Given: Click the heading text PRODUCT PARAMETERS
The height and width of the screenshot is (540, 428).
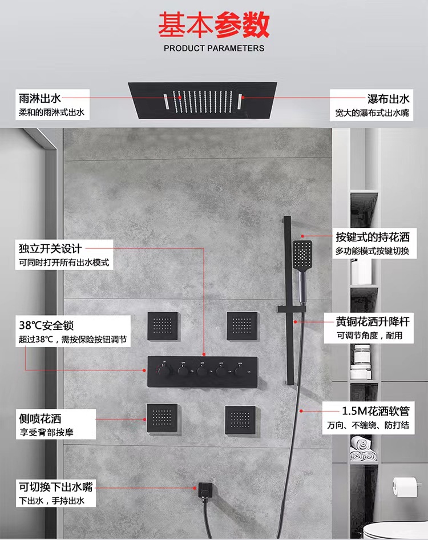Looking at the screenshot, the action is [x=214, y=48].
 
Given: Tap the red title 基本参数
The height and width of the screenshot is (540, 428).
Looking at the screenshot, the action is [x=214, y=25].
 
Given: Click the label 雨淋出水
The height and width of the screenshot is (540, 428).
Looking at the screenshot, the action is [x=40, y=99].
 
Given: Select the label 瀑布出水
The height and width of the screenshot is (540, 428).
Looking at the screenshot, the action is [x=389, y=99].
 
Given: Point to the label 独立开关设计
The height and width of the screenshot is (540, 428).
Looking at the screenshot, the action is [x=50, y=248].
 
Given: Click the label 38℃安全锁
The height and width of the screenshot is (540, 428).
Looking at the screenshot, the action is [x=46, y=325].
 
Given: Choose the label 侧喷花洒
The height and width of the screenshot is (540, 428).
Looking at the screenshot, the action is [x=40, y=418].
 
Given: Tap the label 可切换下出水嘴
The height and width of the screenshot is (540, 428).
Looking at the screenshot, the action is [x=56, y=486].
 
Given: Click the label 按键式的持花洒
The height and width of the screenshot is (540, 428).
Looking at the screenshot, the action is [x=373, y=237].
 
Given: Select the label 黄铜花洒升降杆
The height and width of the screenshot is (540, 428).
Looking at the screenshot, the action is [x=373, y=321].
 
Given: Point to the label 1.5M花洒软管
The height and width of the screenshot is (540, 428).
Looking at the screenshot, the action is [x=375, y=410].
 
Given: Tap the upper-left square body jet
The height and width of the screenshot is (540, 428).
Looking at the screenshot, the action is [x=163, y=326].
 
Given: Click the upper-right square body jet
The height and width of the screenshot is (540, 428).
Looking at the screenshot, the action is [x=242, y=326].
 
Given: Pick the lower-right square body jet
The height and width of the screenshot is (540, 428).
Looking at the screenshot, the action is [x=241, y=420].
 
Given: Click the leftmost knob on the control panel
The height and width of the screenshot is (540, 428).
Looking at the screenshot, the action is [x=164, y=371].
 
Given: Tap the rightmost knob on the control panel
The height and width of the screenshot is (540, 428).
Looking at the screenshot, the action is [x=240, y=372].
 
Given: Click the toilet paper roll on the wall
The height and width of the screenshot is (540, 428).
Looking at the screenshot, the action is [x=405, y=486].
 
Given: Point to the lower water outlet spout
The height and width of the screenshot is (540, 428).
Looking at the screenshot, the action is [x=204, y=490].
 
